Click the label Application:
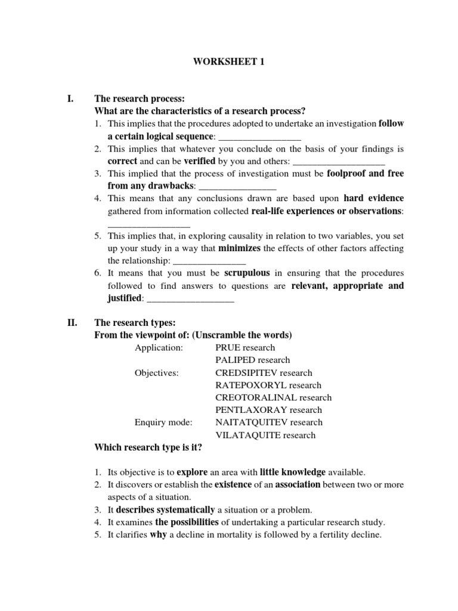(159, 347)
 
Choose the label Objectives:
(157, 372)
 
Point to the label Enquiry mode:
(163, 422)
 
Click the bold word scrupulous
(247, 273)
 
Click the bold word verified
(199, 161)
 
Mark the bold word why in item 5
(157, 535)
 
